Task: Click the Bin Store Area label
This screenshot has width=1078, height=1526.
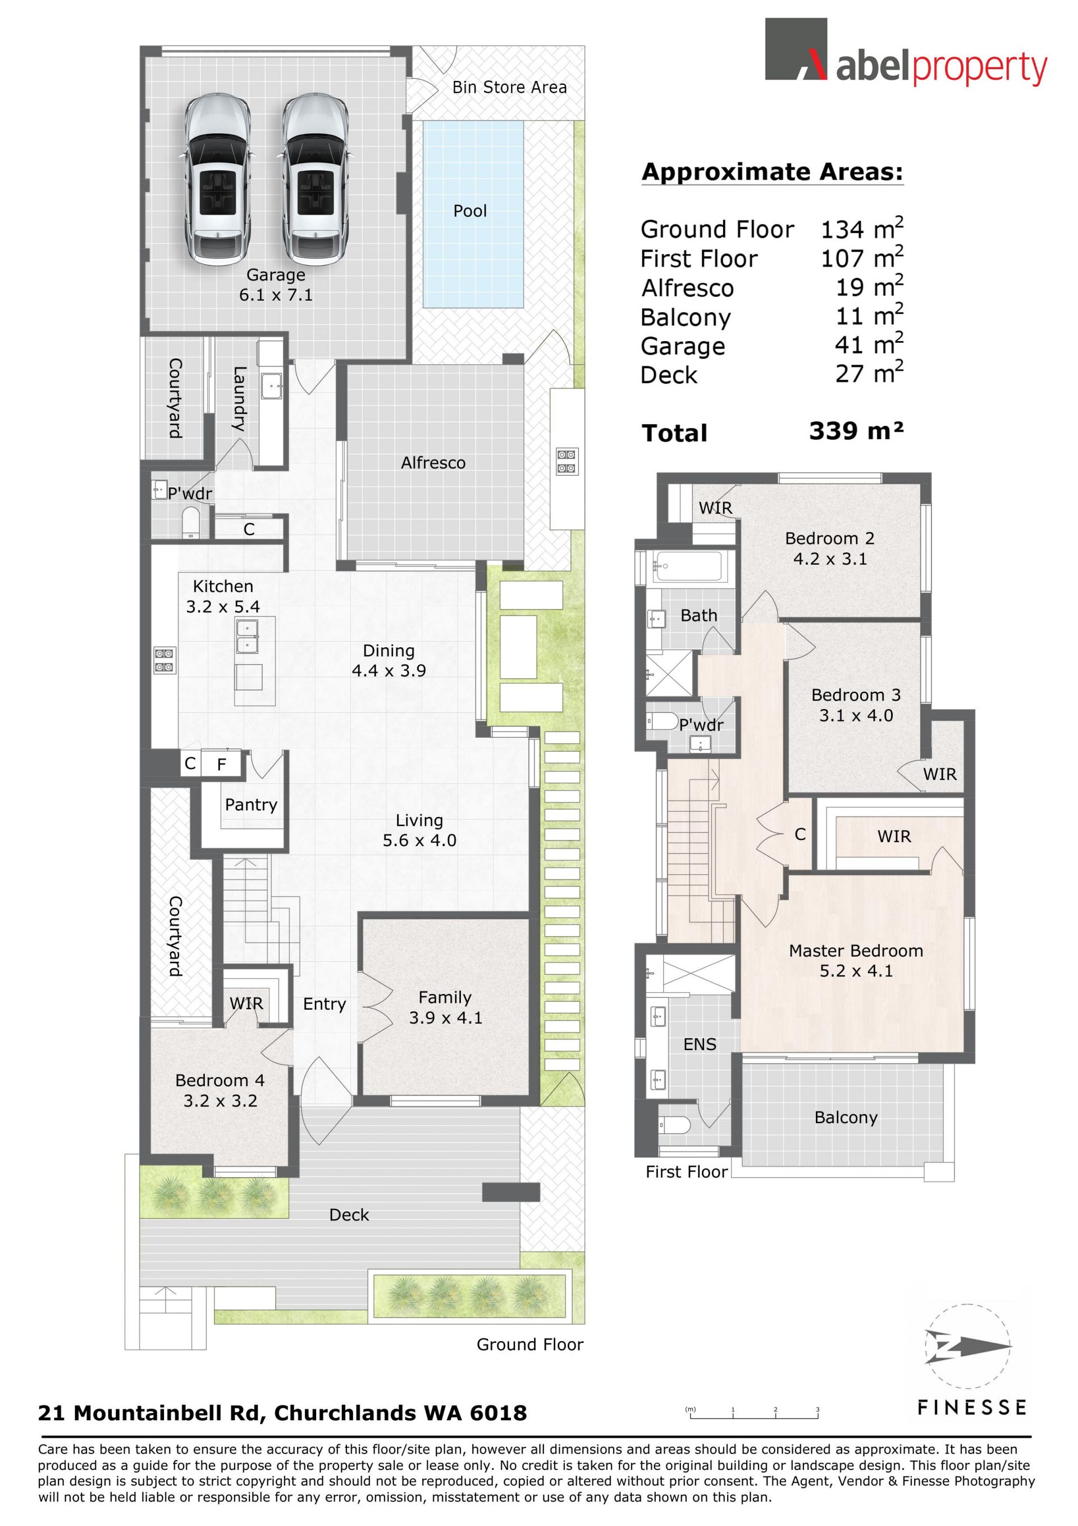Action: pyautogui.click(x=509, y=87)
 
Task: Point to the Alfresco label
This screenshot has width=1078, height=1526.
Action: pyautogui.click(x=433, y=462)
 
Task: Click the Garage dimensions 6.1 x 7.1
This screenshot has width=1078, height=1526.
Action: pyautogui.click(x=276, y=295)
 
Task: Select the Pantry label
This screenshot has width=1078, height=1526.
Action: pyautogui.click(x=251, y=805)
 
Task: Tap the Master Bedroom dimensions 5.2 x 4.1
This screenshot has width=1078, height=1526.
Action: pyautogui.click(x=856, y=971)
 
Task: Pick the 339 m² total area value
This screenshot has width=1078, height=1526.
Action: pyautogui.click(x=856, y=431)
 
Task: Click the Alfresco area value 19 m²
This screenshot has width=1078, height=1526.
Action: pyautogui.click(x=870, y=287)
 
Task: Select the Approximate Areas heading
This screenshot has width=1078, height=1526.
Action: pyautogui.click(x=773, y=172)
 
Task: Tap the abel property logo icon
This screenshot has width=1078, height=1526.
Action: pyautogui.click(x=796, y=49)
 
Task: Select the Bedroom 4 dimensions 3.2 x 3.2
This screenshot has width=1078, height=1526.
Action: pyautogui.click(x=220, y=1101)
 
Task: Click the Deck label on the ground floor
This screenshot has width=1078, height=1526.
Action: pyautogui.click(x=349, y=1215)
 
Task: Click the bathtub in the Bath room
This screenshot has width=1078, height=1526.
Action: pyautogui.click(x=691, y=566)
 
